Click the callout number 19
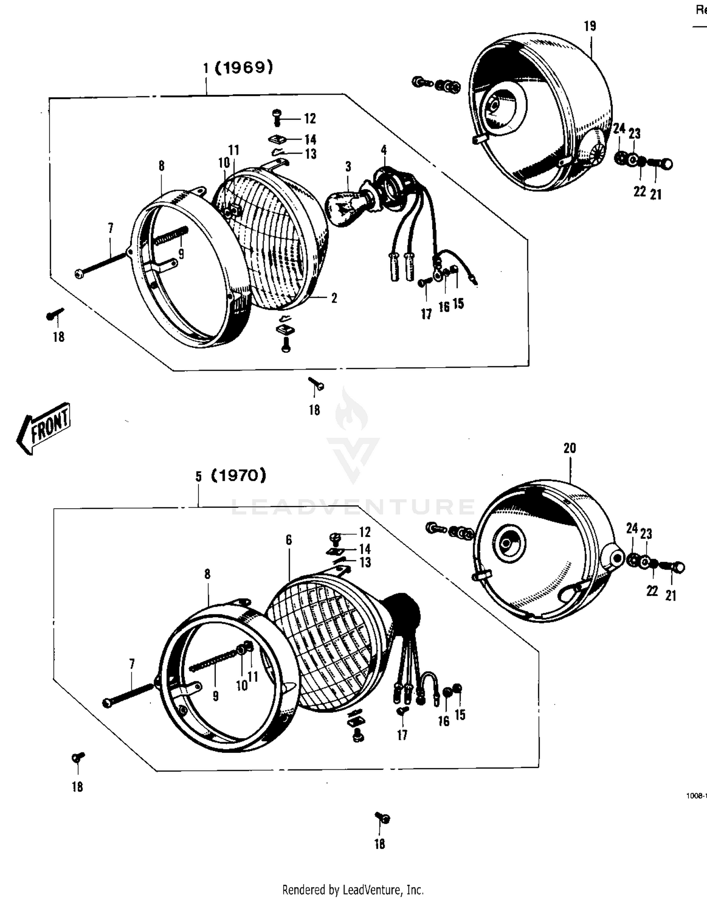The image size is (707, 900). [590, 26]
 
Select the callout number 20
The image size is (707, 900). [569, 448]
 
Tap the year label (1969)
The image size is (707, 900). [244, 68]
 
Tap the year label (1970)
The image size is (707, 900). [238, 475]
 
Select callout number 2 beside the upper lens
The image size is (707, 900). [334, 298]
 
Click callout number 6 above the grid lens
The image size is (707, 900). [288, 540]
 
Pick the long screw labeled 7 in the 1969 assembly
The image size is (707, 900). [101, 264]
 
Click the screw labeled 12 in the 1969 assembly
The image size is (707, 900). [277, 116]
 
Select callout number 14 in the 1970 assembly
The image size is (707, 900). [365, 549]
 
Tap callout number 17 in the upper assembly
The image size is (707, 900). [426, 314]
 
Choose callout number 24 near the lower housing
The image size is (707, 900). [632, 528]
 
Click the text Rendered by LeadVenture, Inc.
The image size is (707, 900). [353, 890]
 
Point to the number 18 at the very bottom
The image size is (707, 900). [379, 844]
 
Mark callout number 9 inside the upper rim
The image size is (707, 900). [181, 254]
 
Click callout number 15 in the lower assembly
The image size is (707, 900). [460, 715]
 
